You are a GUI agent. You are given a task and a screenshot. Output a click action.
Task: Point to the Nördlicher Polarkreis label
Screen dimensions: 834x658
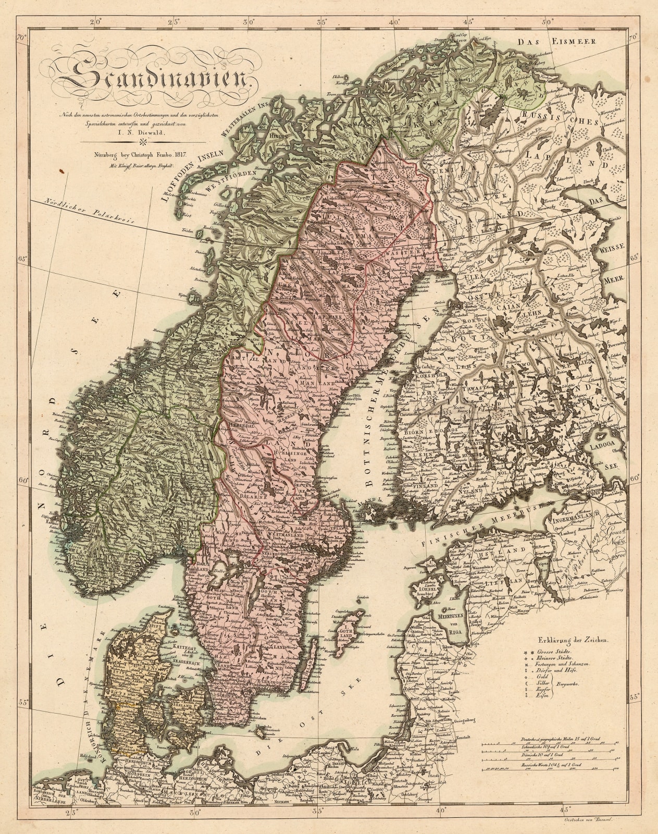[x=89, y=213]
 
